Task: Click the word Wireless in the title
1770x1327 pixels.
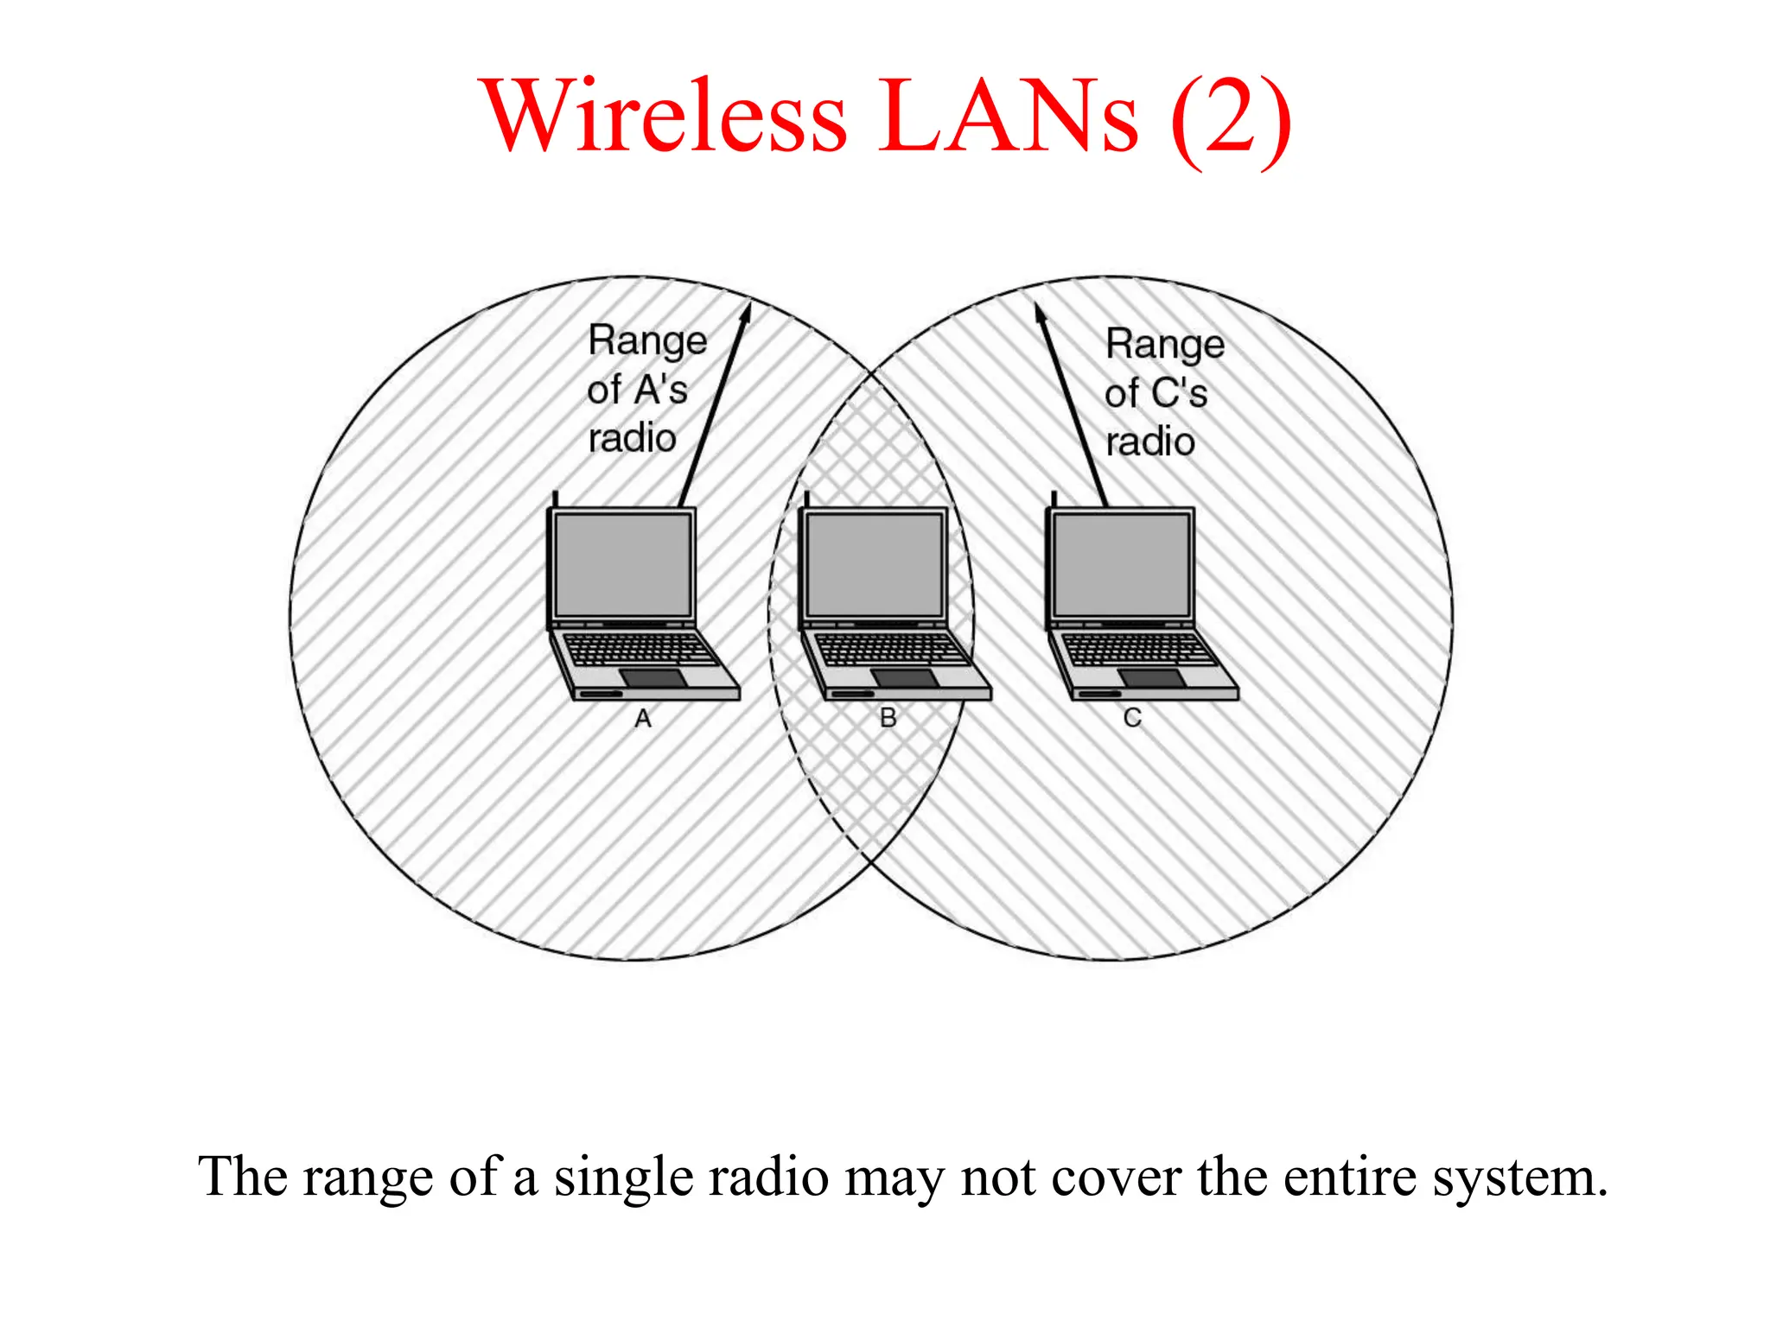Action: [665, 116]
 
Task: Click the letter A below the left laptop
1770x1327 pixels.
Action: [643, 719]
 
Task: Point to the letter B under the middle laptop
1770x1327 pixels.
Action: [888, 718]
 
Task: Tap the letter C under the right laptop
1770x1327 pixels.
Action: [1132, 718]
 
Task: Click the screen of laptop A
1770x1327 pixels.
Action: [622, 563]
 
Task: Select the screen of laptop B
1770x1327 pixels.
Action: [874, 563]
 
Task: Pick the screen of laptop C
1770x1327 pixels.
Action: [1121, 563]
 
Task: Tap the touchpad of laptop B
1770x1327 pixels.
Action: [904, 678]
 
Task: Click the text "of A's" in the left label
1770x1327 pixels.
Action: [637, 390]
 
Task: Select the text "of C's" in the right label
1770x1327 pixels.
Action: [1156, 393]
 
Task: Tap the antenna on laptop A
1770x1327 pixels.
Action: [555, 499]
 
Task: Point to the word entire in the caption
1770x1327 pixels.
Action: [1348, 1177]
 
